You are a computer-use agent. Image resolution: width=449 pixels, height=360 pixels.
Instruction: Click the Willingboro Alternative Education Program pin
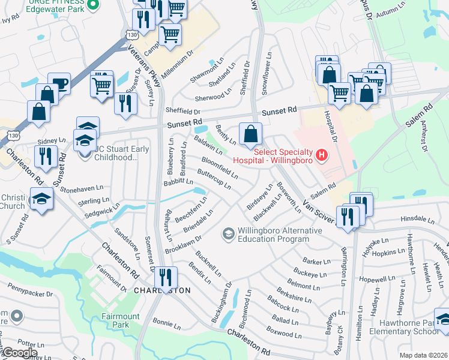pyautogui.click(x=228, y=233)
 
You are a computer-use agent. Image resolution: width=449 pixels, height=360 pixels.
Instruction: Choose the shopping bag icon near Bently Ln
pyautogui.click(x=250, y=133)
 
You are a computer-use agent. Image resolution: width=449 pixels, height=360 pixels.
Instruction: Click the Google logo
pyautogui.click(x=19, y=353)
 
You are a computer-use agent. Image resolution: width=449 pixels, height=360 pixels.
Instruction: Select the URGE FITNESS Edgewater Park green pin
pyautogui.click(x=92, y=5)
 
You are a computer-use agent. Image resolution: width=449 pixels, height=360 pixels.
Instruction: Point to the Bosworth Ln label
pyautogui.click(x=289, y=197)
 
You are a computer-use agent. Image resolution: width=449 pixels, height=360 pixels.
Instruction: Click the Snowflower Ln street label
pyautogui.click(x=267, y=71)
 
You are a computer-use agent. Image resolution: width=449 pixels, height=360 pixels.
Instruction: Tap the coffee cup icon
pyautogui.click(x=59, y=83)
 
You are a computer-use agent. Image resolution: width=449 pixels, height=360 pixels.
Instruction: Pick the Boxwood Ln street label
pyautogui.click(x=280, y=333)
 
